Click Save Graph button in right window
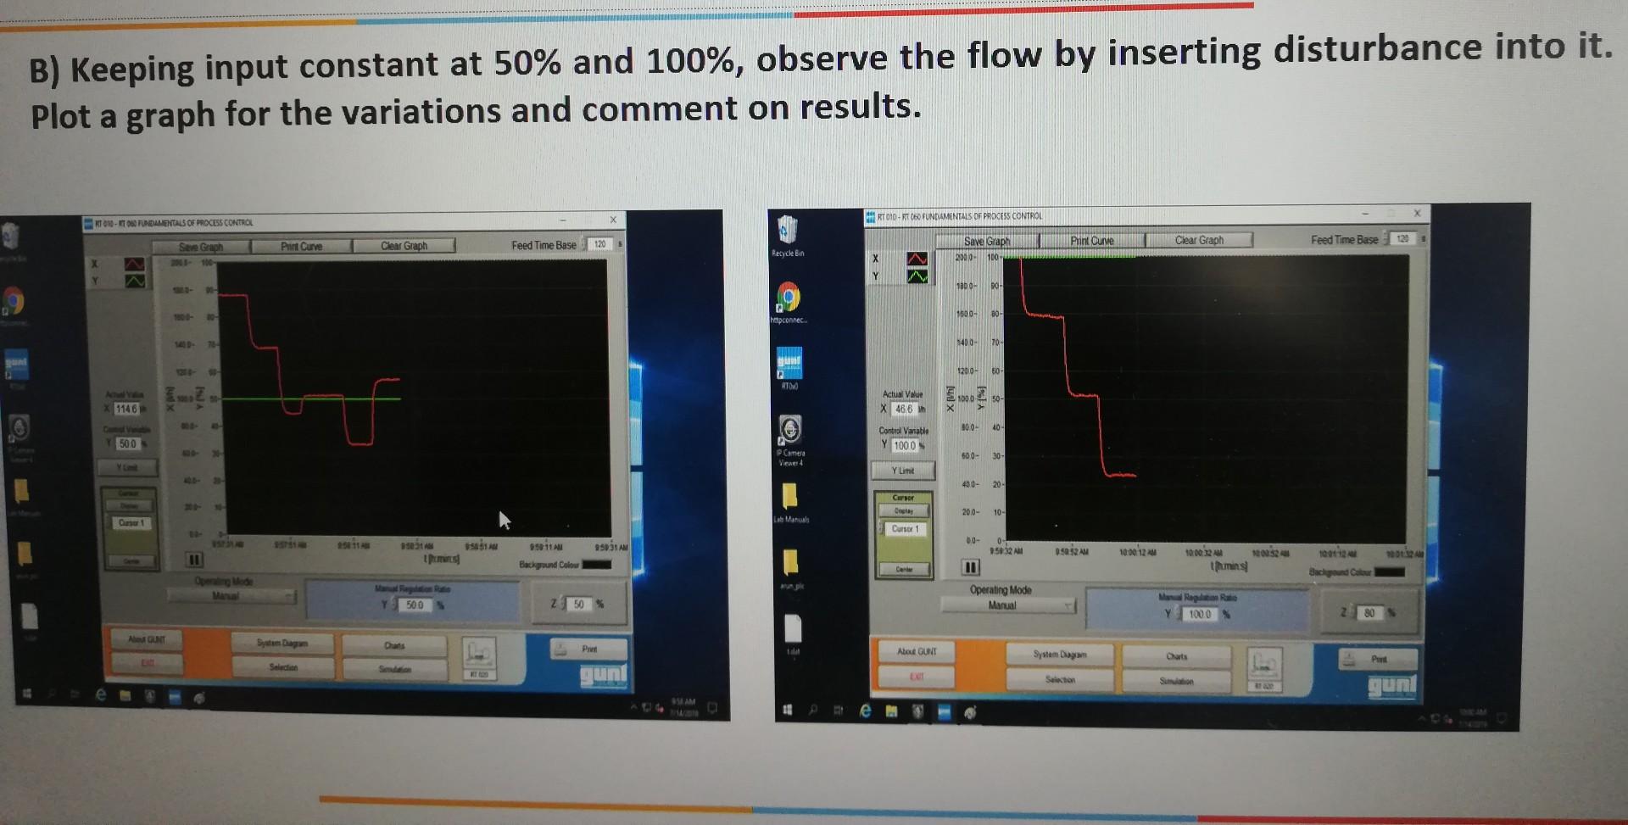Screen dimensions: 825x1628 pyautogui.click(x=986, y=242)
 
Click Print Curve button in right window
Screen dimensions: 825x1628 pyautogui.click(x=1091, y=241)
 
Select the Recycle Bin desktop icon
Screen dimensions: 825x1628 pyautogui.click(x=788, y=231)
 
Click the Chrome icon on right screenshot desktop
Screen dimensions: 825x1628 pyautogui.click(x=789, y=297)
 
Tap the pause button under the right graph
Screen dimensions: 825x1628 pyautogui.click(x=971, y=566)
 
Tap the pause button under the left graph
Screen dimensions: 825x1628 pyautogui.click(x=194, y=560)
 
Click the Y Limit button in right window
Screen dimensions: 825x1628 pyautogui.click(x=903, y=471)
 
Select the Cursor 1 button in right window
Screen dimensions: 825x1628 pyautogui.click(x=905, y=529)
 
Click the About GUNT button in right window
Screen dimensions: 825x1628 pyautogui.click(x=917, y=651)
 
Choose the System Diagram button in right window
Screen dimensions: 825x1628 pyautogui.click(x=1060, y=655)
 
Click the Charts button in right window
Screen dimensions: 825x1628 pyautogui.click(x=1176, y=656)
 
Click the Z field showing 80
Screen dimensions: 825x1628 pyautogui.click(x=1369, y=613)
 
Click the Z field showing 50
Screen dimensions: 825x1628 pyautogui.click(x=578, y=605)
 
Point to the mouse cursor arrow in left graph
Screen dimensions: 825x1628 pyautogui.click(x=504, y=519)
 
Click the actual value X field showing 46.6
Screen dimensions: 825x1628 pyautogui.click(x=904, y=409)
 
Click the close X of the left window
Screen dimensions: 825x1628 pyautogui.click(x=613, y=220)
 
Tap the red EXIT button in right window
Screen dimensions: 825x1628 pyautogui.click(x=917, y=677)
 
